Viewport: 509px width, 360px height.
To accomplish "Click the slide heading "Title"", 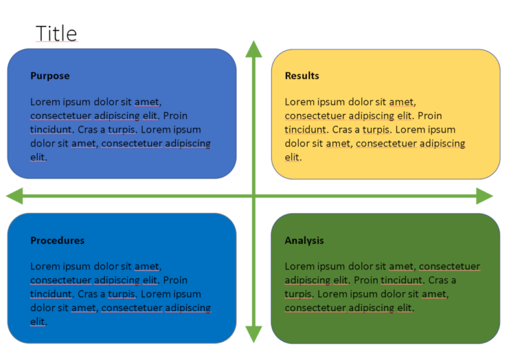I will (x=56, y=33).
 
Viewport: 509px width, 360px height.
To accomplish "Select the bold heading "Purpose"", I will (x=50, y=76).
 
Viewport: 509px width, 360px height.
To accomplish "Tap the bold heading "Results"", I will (x=302, y=76).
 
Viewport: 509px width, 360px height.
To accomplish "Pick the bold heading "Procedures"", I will (x=57, y=240).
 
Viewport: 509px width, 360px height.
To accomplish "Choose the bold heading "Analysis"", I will (x=304, y=240).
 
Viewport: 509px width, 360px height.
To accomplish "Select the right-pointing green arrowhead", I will (x=484, y=196).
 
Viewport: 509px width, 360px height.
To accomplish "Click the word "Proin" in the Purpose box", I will (x=174, y=115).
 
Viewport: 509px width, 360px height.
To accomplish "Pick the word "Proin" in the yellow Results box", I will (x=429, y=115).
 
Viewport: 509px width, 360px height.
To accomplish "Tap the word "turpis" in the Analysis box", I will (x=298, y=294).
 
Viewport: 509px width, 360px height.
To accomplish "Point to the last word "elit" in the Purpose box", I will (x=38, y=157).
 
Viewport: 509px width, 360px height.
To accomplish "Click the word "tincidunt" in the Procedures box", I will (x=51, y=294).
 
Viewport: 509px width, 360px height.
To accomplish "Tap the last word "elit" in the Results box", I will (x=292, y=157).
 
